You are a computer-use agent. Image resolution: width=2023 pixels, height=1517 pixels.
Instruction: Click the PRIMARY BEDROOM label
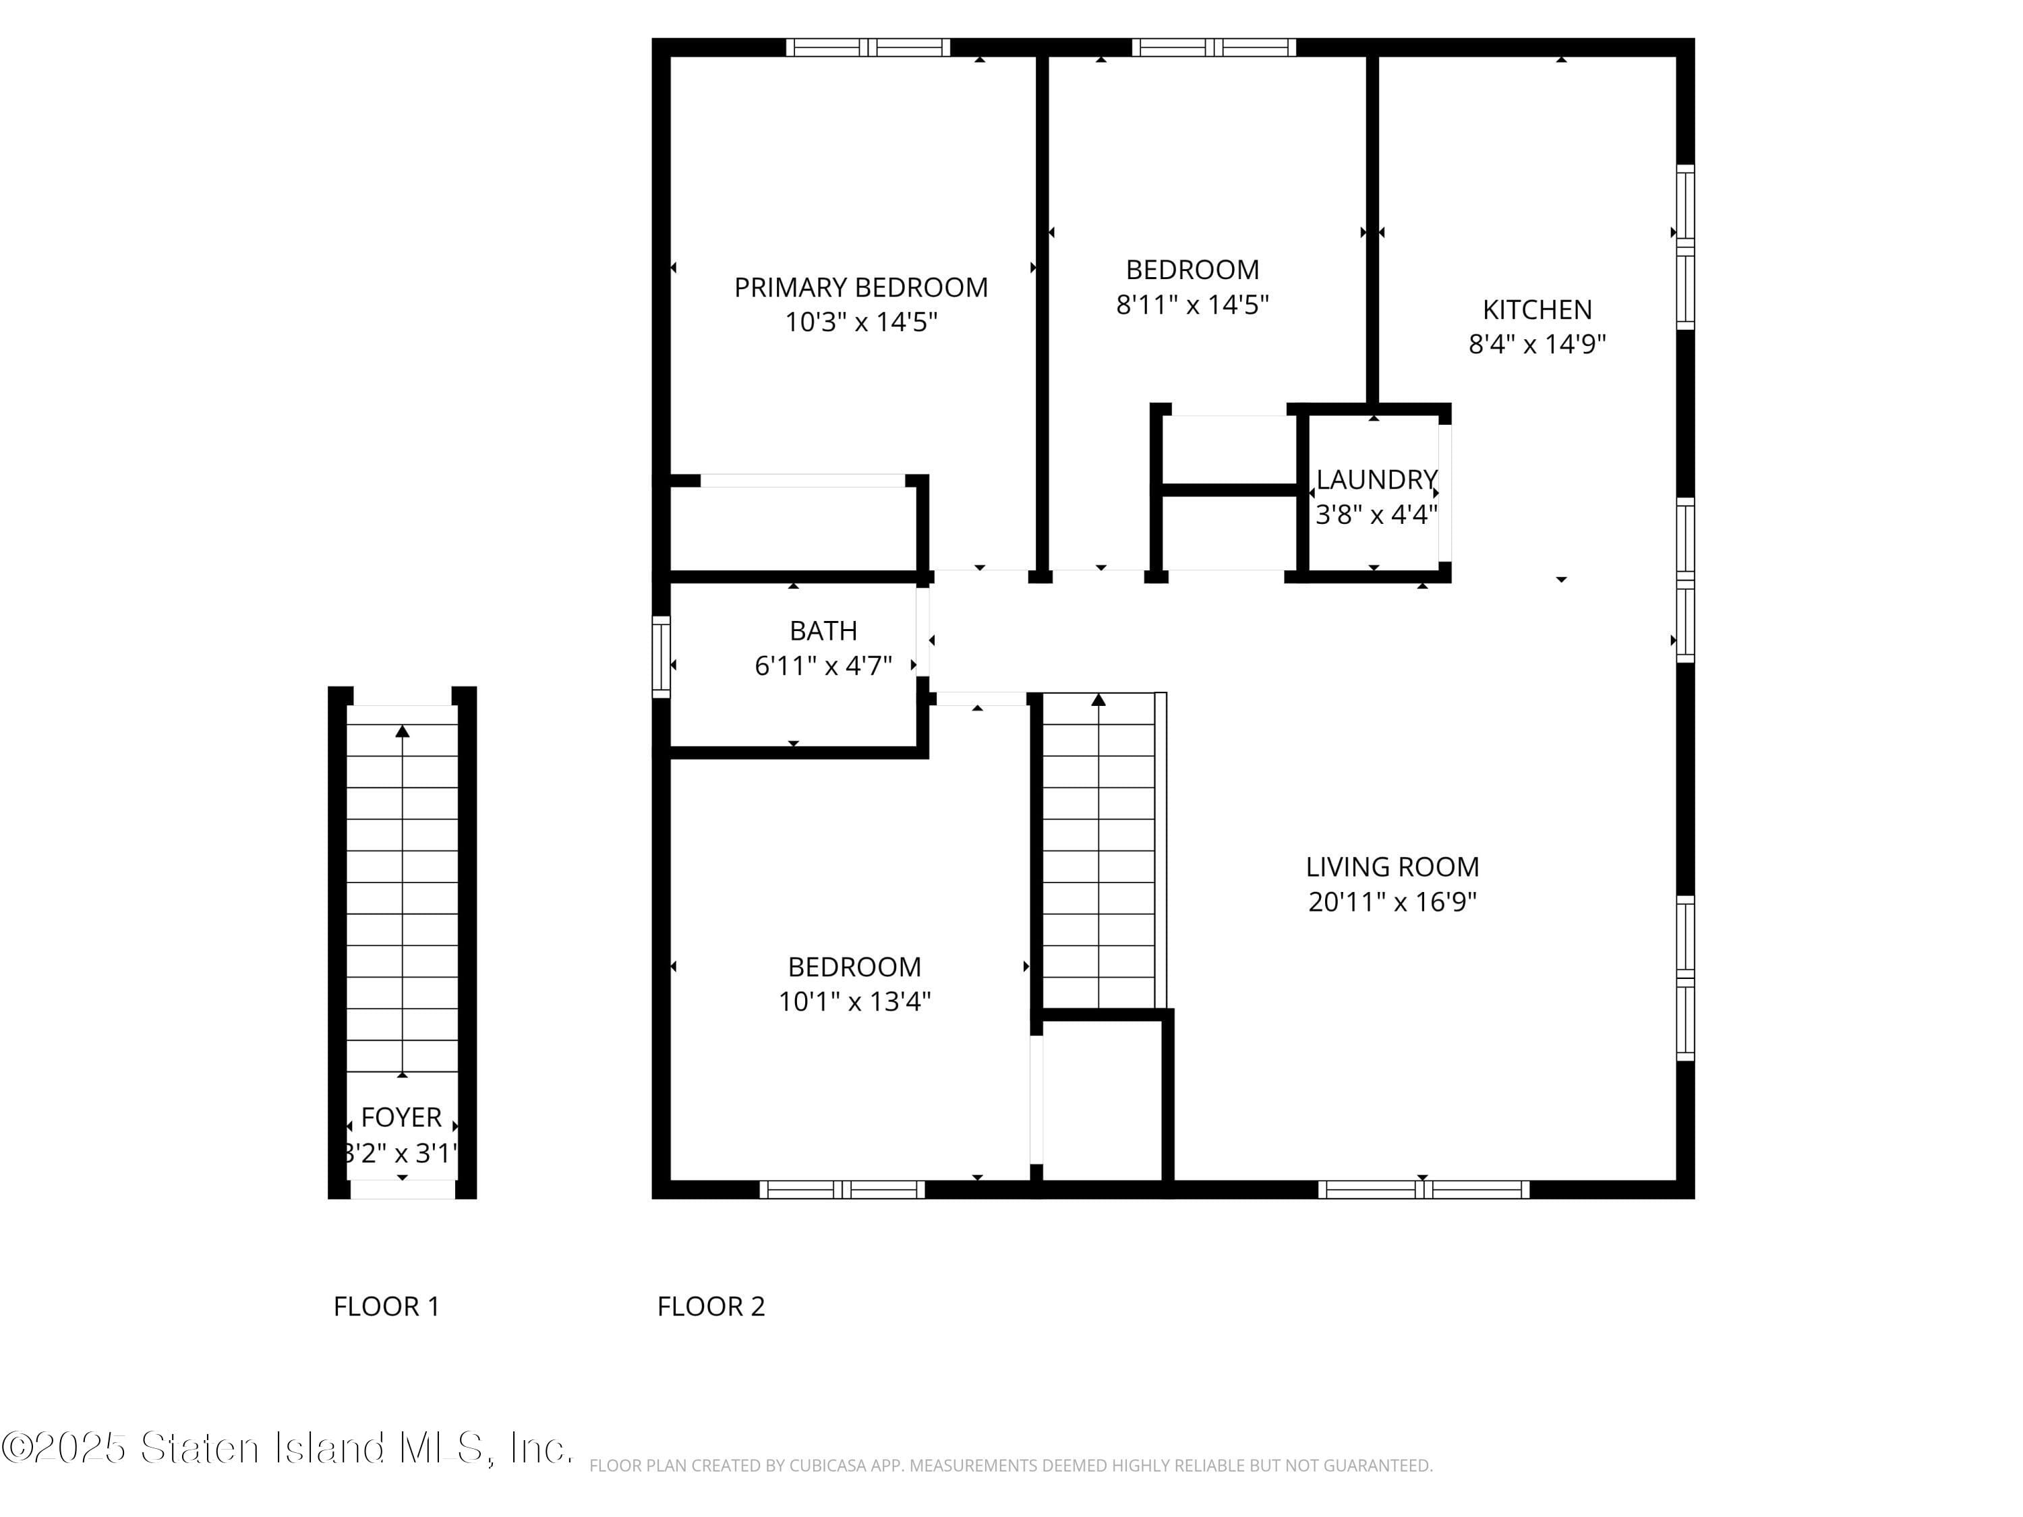click(x=860, y=287)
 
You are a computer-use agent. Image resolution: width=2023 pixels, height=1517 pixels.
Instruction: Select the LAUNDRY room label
click(x=1376, y=479)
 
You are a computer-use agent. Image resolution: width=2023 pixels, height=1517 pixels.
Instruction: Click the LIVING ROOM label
click(x=1392, y=866)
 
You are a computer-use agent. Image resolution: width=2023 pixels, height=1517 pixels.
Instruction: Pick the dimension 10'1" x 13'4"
click(x=854, y=1001)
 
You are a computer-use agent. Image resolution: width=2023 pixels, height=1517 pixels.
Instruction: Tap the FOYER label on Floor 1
click(x=401, y=1117)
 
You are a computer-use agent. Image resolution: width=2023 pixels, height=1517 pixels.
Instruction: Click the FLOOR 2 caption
click(x=711, y=1306)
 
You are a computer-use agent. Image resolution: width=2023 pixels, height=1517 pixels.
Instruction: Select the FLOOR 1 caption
click(x=386, y=1306)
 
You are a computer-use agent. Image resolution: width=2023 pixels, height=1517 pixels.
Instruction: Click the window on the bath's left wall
click(x=660, y=657)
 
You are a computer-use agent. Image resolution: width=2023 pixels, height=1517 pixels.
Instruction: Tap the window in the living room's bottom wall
click(x=1423, y=1189)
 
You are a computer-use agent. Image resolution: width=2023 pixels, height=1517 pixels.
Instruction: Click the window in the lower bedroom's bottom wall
click(x=842, y=1189)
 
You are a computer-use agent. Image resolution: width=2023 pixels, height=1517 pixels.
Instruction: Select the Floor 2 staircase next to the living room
click(x=1098, y=850)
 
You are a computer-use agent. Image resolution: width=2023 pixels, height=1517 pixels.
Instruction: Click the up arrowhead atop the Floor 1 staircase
click(x=403, y=731)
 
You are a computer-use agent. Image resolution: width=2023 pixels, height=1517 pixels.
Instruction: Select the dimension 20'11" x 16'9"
click(x=1392, y=901)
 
